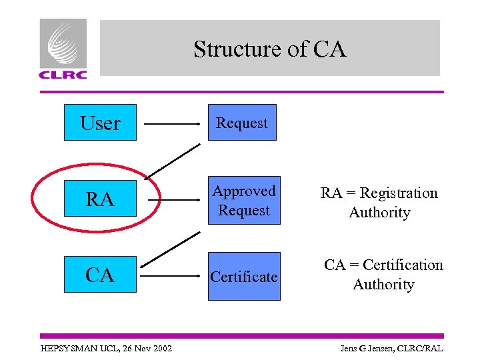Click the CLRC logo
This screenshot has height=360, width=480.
[x=63, y=49]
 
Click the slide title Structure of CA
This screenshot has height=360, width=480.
[x=269, y=49]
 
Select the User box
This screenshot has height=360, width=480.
[x=100, y=123]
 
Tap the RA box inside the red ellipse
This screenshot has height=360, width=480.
[x=100, y=199]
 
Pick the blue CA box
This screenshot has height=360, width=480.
[x=100, y=274]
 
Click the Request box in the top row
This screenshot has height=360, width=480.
[x=241, y=123]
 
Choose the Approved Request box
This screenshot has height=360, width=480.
[x=244, y=200]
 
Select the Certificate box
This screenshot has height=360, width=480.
[x=244, y=276]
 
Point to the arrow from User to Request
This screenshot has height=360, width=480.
[x=173, y=124]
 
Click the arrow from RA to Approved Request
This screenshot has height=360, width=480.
[x=173, y=199]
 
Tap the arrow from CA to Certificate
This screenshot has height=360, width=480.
[x=173, y=275]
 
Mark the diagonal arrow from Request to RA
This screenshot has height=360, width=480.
[x=172, y=161]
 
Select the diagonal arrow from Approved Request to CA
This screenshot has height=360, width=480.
[x=172, y=249]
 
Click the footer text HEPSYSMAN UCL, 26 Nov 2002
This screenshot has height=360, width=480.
[x=106, y=349]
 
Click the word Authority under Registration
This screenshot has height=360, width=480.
[x=379, y=213]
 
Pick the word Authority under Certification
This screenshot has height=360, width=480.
[x=383, y=285]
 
